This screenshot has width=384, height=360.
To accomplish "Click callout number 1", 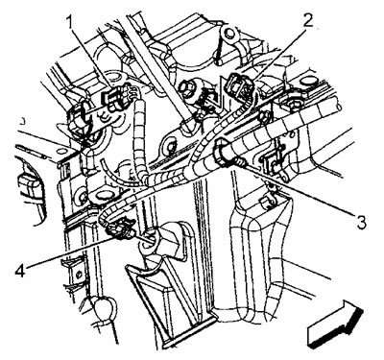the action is click(71, 23).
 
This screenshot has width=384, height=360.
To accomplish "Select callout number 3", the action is click(361, 222).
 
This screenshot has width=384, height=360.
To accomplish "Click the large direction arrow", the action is click(335, 324).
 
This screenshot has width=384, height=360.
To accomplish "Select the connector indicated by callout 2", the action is click(238, 84).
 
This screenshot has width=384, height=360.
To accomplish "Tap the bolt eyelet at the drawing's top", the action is click(228, 35).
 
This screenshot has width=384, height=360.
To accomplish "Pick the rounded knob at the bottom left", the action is click(103, 306).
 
